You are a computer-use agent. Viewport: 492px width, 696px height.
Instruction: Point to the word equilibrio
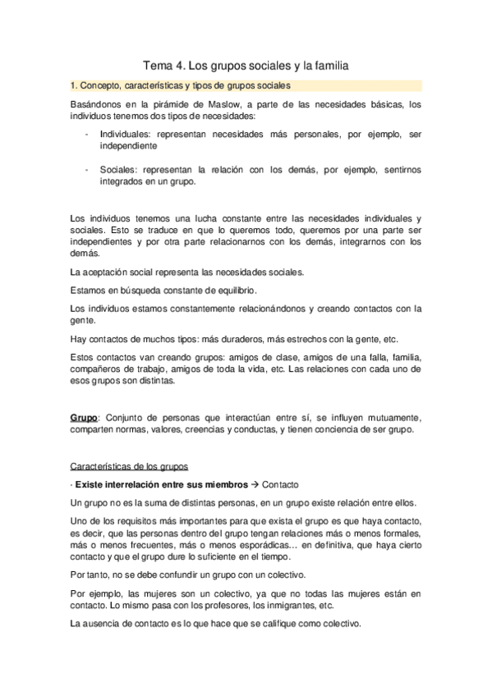(234, 290)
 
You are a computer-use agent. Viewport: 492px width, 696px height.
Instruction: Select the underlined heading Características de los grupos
(129, 466)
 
